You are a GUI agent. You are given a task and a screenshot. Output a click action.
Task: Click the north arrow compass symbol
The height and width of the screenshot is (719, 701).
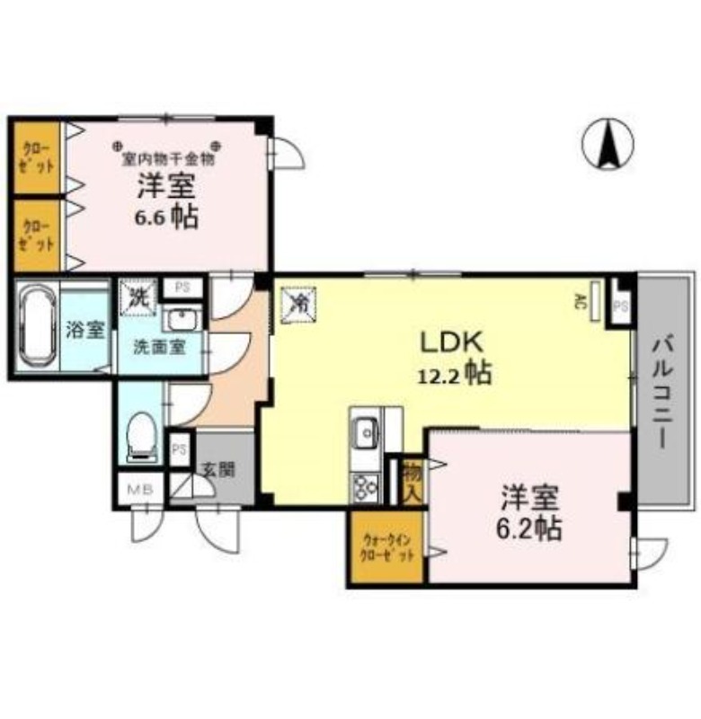coord(608,144)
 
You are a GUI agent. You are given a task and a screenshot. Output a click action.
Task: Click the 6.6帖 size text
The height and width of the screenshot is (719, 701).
coord(167,218)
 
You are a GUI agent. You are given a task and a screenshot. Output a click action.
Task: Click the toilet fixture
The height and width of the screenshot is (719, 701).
coord(142,437)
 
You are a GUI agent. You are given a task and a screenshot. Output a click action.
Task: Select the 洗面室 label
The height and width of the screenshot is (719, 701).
coord(159,347)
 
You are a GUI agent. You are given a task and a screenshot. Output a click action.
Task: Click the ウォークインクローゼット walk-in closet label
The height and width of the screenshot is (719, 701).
coord(386,547)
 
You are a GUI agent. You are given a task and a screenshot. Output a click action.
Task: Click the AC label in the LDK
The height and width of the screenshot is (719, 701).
coord(581,300)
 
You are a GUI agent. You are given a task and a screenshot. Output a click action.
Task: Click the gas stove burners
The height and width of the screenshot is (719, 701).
coord(365,486)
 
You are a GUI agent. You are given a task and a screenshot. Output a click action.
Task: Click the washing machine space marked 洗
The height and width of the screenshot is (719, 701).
coord(139,297)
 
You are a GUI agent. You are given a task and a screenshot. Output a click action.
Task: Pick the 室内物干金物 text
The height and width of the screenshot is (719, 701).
coord(168,159)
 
